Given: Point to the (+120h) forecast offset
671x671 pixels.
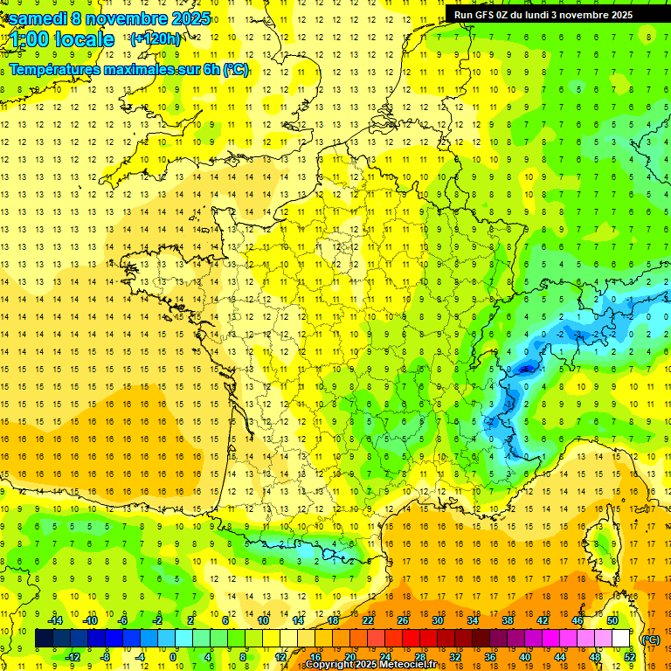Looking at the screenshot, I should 156,39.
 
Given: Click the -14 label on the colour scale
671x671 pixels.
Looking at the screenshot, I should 55,621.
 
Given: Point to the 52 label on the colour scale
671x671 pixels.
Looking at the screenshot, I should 630,656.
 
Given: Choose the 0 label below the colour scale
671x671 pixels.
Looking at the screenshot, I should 173,656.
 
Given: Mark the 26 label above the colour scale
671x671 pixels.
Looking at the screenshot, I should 403,621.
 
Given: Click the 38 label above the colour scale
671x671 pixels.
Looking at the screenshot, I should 508,621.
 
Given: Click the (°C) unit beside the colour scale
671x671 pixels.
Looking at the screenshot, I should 650,639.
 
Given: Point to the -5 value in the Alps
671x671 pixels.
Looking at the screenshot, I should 525,370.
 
